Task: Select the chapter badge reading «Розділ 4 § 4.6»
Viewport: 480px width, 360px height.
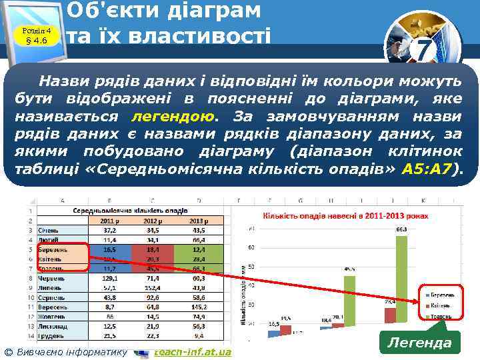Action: (37, 35)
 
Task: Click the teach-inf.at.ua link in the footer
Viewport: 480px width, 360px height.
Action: (193, 351)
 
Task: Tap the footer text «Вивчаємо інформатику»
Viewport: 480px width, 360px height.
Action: (71, 351)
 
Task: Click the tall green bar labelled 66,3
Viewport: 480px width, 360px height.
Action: (401, 280)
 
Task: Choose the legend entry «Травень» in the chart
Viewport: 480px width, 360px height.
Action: (441, 315)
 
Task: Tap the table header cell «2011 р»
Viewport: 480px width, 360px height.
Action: (109, 221)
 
